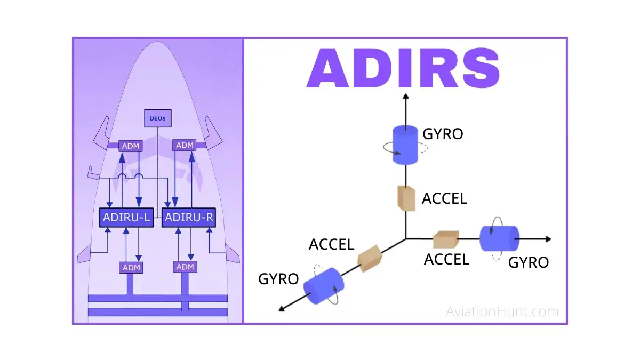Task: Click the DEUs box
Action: point(158,118)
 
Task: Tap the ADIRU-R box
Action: point(188,218)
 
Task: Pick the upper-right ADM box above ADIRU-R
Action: point(185,145)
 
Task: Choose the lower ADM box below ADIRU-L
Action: point(131,267)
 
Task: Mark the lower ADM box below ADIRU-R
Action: point(185,266)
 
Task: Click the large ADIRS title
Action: point(403,69)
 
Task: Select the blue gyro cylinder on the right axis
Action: point(499,238)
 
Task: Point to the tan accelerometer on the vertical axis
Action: point(406,198)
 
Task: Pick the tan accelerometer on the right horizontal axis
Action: point(446,239)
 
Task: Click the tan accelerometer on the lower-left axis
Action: point(370,258)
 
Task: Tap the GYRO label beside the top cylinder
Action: point(443,134)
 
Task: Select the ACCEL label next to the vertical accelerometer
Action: point(444,198)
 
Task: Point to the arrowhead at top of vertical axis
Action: point(405,97)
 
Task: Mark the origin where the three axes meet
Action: point(406,238)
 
